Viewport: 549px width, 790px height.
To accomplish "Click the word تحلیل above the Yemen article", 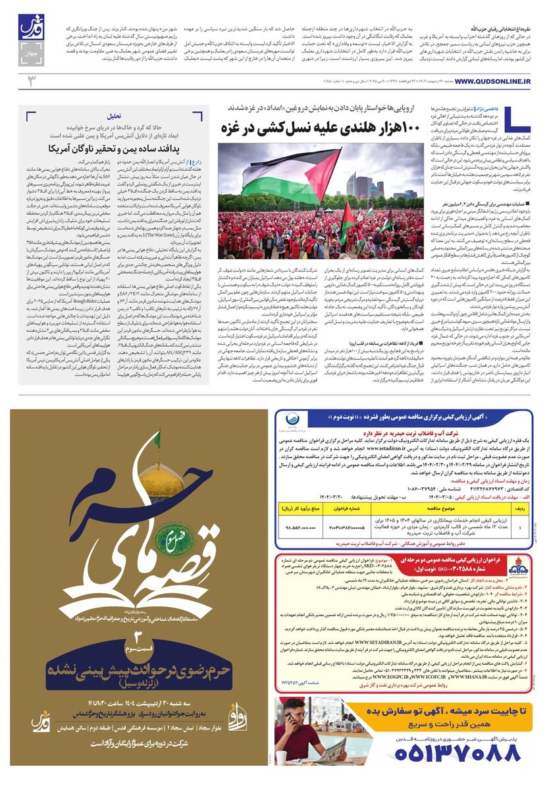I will click(115, 115).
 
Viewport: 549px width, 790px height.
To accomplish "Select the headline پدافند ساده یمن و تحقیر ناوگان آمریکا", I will click(115, 148).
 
